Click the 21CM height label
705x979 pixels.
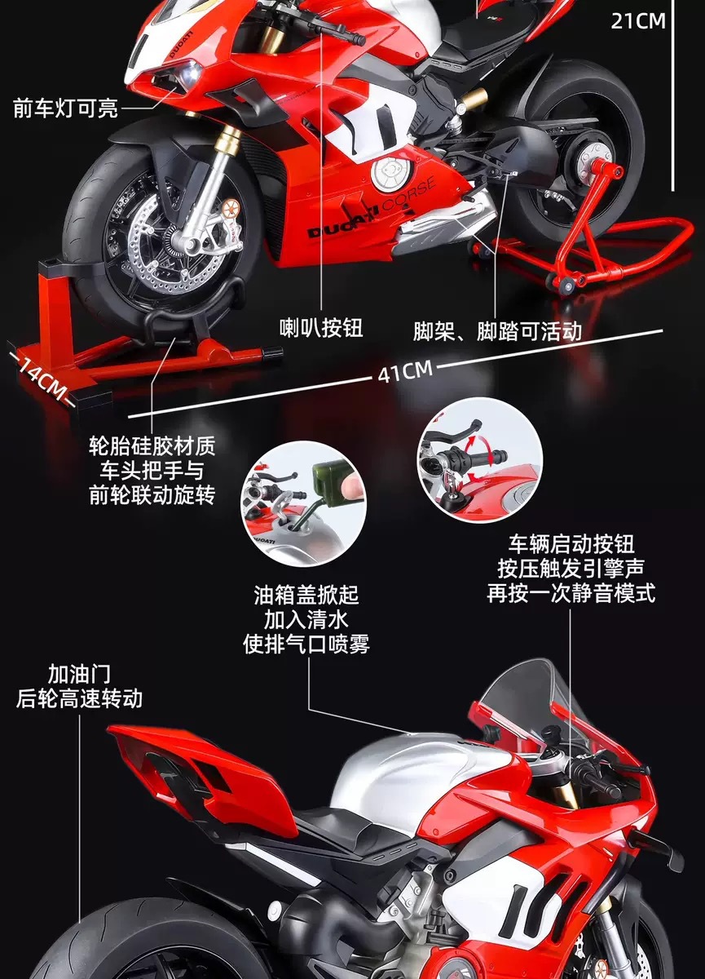pos(638,20)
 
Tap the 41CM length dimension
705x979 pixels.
pos(404,372)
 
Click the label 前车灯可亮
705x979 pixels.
pos(65,108)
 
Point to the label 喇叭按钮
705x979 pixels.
pos(321,329)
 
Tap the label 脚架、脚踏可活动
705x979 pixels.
pos(497,330)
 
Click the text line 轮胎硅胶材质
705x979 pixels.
pos(152,446)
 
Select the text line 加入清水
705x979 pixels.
pos(306,618)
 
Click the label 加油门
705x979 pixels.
pos(79,674)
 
